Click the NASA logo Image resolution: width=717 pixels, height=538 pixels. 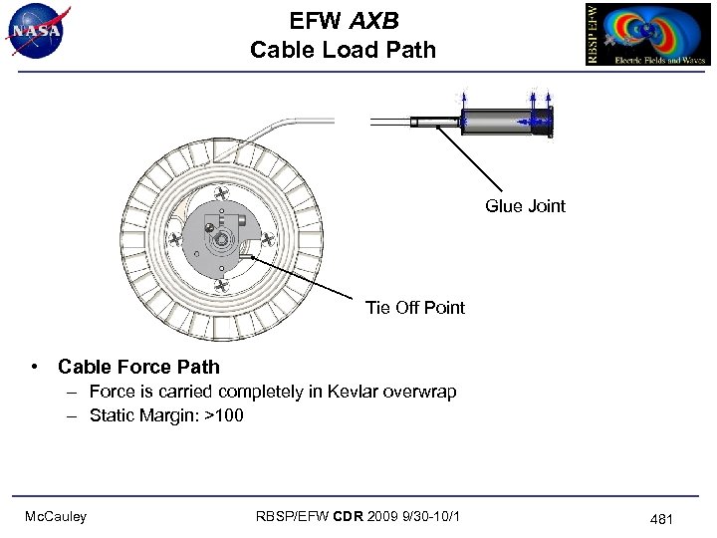(x=38, y=31)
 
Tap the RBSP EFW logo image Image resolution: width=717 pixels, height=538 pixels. (x=647, y=34)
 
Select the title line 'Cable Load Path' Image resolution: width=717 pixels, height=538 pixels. (x=343, y=50)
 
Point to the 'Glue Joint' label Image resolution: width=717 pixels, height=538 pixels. (x=525, y=206)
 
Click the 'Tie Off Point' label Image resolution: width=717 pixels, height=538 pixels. (x=415, y=307)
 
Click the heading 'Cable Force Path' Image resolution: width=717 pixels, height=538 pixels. (x=138, y=367)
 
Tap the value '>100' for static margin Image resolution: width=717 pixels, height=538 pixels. (x=224, y=415)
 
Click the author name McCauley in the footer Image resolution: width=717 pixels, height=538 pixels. (x=56, y=516)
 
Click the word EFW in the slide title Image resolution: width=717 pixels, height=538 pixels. (x=316, y=21)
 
